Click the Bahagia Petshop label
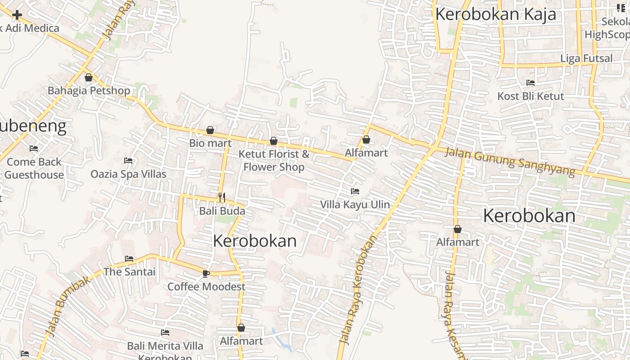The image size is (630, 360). [89, 90]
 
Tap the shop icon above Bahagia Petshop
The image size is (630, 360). [89, 77]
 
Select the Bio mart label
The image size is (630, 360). [210, 143]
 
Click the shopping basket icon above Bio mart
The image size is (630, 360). [210, 130]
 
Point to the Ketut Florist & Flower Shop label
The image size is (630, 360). [274, 160]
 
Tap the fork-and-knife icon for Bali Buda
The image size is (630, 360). [221, 198]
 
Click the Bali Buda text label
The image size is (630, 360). [222, 211]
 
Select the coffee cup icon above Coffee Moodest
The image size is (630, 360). [206, 273]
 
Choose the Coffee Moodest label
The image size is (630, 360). [206, 287]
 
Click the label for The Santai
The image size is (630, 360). [129, 272]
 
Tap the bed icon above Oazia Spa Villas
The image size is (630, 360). [128, 161]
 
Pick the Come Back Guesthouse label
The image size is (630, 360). [34, 168]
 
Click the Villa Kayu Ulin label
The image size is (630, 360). [355, 204]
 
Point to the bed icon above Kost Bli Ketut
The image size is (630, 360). [531, 83]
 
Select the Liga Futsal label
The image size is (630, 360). [586, 58]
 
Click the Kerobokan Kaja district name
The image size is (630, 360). [495, 14]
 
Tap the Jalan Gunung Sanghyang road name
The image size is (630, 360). [509, 161]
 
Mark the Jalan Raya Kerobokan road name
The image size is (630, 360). [358, 290]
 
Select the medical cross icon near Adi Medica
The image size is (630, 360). [17, 15]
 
